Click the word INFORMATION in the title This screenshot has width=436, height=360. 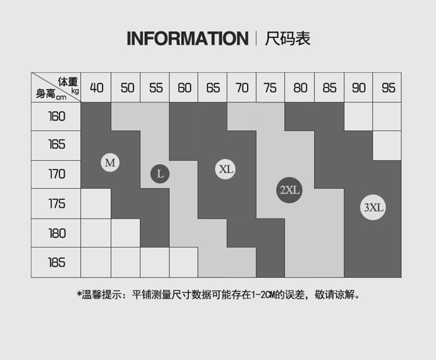point(187,39)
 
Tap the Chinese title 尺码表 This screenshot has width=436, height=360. point(288,39)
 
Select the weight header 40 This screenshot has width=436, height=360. point(97,88)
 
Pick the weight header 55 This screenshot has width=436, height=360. point(156,88)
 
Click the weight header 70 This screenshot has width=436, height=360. point(242,88)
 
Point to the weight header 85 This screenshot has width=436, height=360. point(329,88)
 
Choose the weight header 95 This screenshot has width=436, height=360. point(388,88)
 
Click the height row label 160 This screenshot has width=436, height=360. point(56,116)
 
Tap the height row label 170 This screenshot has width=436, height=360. point(56,174)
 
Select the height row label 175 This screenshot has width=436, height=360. point(56,204)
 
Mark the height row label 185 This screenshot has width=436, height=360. point(56,262)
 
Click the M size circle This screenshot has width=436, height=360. point(110,163)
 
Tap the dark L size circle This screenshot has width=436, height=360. point(160,174)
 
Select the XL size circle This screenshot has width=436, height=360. point(226,169)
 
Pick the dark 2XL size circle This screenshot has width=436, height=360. point(289,190)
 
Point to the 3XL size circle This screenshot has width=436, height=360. point(373,208)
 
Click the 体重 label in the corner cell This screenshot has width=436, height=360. point(68,82)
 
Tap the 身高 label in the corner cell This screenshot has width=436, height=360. point(45,94)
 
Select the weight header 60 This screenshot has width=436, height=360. point(184,88)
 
